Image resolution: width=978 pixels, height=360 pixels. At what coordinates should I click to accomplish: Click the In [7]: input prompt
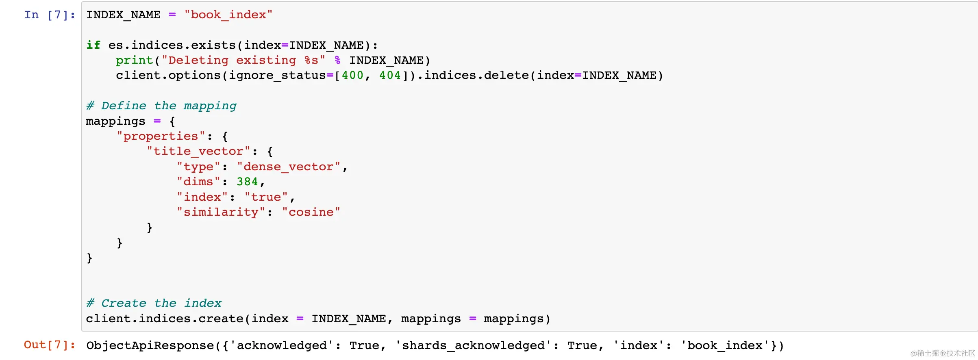point(49,15)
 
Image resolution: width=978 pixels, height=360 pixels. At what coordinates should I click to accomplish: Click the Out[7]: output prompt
point(49,345)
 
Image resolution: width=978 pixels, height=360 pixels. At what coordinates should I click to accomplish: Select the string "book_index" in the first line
point(228,15)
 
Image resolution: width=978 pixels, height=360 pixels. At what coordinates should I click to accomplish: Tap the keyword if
point(93,45)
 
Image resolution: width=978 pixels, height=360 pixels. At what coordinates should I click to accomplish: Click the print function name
point(134,61)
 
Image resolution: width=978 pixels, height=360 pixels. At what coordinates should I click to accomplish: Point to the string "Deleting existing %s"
point(243,61)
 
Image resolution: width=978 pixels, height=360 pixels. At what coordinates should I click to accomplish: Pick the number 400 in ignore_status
point(352,76)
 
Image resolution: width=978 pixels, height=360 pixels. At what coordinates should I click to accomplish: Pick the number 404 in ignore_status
point(390,76)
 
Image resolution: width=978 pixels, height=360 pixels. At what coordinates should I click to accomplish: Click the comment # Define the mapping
point(161,106)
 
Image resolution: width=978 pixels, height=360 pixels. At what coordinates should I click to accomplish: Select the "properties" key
point(161,137)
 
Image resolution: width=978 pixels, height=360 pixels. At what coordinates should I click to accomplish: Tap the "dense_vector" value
point(288,167)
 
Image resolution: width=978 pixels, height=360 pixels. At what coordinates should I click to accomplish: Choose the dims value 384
point(247,182)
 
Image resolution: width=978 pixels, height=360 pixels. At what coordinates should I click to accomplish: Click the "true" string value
point(266,197)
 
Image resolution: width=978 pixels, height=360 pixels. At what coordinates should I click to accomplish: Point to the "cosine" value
point(311,213)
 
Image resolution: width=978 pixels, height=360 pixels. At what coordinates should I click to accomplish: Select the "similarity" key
point(221,213)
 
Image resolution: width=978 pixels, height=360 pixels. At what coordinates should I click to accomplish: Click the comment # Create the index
point(154,304)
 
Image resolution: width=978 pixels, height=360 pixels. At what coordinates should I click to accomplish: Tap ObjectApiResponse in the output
point(150,346)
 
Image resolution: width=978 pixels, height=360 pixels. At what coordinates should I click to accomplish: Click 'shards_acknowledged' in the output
point(473,346)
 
